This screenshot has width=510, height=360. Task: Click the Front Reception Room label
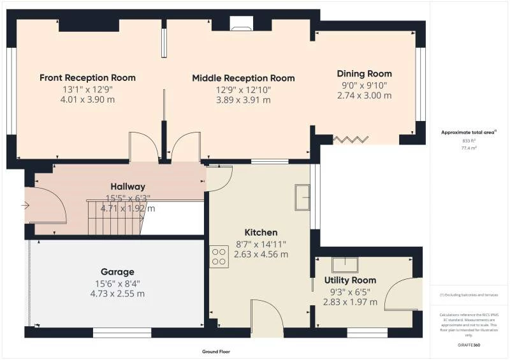(87, 78)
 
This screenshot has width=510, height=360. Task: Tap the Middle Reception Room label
(243, 78)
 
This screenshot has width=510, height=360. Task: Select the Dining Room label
(364, 74)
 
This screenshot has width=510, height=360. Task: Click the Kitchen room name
(261, 232)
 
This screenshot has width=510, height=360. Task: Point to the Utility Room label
(350, 280)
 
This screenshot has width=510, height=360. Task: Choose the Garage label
(117, 272)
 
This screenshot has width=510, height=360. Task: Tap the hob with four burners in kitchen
(219, 256)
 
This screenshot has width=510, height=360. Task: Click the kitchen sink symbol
(302, 198)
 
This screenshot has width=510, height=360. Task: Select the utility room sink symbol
(344, 263)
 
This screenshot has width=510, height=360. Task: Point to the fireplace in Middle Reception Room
(241, 25)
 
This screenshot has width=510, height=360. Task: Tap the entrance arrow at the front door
(25, 205)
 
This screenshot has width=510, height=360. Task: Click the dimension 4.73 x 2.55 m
(117, 294)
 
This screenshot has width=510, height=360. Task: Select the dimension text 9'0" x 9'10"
(364, 85)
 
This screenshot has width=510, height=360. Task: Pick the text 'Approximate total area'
(469, 133)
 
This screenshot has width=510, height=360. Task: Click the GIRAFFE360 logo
(469, 343)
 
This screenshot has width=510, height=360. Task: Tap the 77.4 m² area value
(469, 147)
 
